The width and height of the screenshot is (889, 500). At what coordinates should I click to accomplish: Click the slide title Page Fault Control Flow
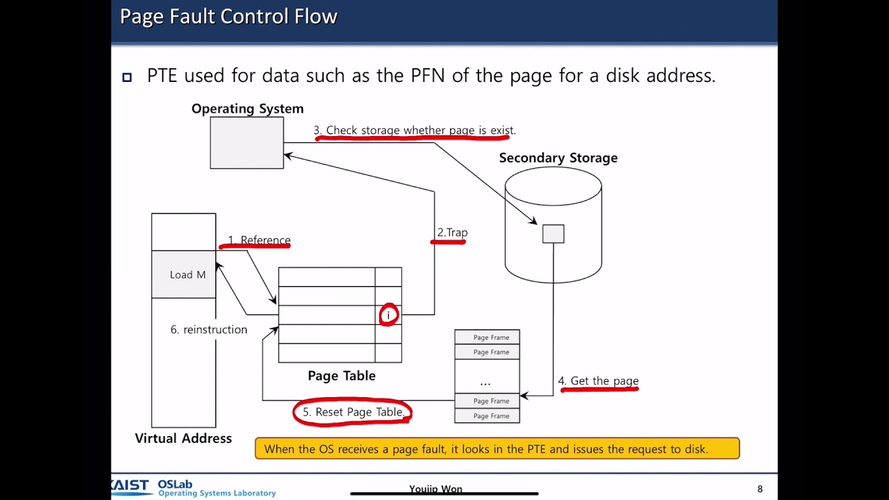pos(229,17)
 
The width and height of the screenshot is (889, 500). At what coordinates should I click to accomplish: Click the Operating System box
pos(247,142)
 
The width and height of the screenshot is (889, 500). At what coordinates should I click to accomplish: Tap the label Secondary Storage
pos(558,158)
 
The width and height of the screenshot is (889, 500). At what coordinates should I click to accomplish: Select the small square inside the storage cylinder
pos(554,233)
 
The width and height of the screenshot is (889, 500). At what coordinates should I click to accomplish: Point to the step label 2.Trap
pos(452,233)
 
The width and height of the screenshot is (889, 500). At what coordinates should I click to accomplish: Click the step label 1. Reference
pos(259,240)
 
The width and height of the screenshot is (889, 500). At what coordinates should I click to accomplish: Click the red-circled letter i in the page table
pos(388,315)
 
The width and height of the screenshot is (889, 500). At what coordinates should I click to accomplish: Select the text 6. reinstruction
pos(208,329)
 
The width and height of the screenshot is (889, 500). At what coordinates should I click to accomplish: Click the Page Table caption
pos(341,376)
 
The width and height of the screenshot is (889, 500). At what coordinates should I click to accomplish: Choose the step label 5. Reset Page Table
pos(353,412)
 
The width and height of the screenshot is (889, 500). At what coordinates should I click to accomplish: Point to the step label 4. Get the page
pos(598,381)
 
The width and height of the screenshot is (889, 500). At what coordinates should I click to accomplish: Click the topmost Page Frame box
pos(487,337)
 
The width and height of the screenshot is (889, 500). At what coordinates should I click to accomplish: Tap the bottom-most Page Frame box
pos(487,416)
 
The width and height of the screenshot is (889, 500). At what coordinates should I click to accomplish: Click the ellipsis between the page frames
pos(485,382)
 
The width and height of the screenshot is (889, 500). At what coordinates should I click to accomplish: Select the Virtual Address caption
pos(183,438)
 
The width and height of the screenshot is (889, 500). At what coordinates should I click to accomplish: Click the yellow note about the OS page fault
pos(497,449)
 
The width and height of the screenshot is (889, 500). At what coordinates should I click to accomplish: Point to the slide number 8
pos(760,489)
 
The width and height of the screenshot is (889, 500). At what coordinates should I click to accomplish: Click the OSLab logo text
pos(175,484)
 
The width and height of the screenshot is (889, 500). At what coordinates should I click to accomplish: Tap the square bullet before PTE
pos(127,77)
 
